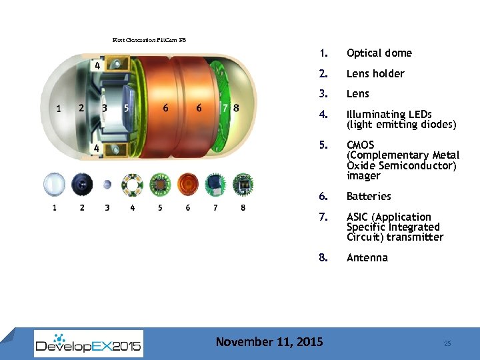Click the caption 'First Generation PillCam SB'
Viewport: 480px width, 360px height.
149,40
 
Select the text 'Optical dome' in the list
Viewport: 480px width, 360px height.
379,53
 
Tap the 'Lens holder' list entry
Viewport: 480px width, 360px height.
375,74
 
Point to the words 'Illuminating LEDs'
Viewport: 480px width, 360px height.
389,115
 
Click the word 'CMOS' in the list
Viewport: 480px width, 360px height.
361,145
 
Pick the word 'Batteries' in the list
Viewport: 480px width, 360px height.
369,197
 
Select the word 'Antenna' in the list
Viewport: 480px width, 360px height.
367,258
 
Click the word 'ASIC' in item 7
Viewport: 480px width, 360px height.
359,217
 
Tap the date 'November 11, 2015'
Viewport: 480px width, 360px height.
269,342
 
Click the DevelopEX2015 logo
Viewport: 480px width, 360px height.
89,344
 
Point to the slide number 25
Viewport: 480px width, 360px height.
447,343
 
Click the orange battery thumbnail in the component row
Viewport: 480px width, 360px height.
188,184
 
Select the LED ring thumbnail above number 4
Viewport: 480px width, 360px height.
133,184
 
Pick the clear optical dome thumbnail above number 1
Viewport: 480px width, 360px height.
55,184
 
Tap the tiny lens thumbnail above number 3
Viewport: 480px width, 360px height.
107,185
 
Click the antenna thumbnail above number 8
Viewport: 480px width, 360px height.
243,184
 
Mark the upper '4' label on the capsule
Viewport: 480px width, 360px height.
97,66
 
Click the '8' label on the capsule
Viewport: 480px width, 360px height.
237,108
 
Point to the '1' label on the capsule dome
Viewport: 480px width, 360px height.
59,108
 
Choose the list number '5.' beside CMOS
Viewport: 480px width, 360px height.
323,145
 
